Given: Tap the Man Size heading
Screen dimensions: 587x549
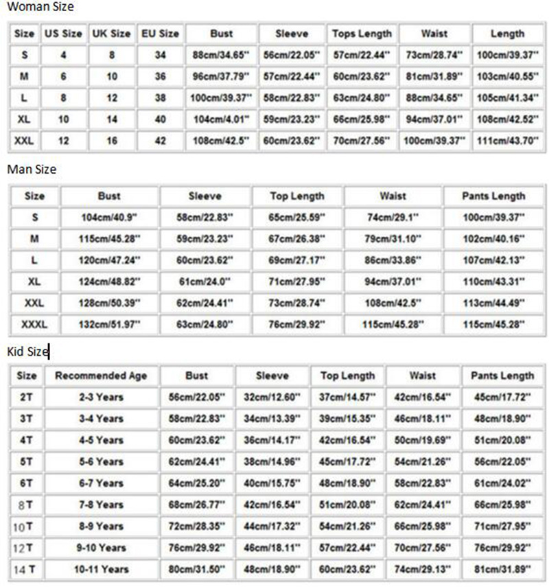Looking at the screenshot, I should click(x=32, y=170).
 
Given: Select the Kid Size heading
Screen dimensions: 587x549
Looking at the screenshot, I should click(x=28, y=352).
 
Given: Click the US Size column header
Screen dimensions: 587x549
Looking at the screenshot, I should click(x=63, y=34).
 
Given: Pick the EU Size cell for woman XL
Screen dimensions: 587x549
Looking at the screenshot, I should click(x=160, y=119).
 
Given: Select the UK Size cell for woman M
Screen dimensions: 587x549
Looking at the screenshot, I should click(x=112, y=77).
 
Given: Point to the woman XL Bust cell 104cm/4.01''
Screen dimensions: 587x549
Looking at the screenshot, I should click(x=222, y=119).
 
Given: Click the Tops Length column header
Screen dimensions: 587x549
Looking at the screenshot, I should click(x=362, y=34).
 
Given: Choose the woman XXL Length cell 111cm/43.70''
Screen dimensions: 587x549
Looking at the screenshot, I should click(x=508, y=141).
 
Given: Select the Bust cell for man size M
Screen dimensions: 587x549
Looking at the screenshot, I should click(x=109, y=239).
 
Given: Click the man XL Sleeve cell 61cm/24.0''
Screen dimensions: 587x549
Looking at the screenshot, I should click(x=205, y=281).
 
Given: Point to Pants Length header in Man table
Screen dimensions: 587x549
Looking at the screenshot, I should click(x=493, y=196).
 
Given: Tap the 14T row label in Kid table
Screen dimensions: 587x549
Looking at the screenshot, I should click(x=27, y=569).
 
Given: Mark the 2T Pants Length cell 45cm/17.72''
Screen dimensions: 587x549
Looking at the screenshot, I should click(x=502, y=398).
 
